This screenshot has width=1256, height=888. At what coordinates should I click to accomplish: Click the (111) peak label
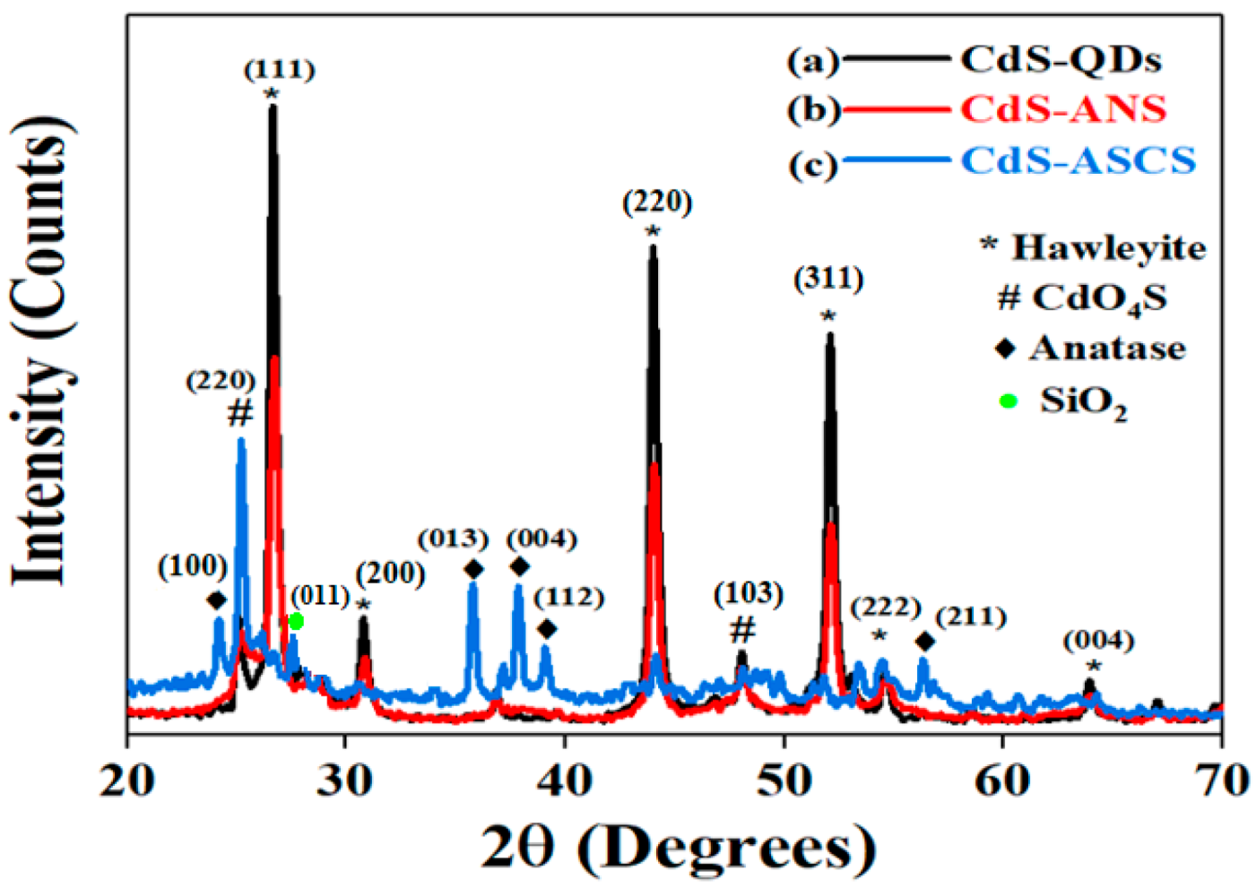[279, 69]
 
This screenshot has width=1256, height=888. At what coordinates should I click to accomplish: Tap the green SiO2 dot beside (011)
[296, 621]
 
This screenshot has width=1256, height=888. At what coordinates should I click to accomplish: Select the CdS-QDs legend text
[1061, 59]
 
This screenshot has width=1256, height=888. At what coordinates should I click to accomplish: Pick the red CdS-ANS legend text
[1063, 109]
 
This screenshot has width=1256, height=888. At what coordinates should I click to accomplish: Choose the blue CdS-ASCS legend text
[1078, 160]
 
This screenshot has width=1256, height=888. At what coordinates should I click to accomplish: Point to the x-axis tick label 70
[1221, 781]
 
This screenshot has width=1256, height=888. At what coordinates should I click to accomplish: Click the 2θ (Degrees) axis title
[677, 846]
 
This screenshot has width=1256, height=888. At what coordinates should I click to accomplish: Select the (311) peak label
[828, 279]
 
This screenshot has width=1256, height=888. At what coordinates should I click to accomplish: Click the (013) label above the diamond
[453, 539]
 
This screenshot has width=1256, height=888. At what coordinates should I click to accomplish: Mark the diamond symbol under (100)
[216, 599]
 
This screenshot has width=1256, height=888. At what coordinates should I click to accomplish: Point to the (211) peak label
[970, 616]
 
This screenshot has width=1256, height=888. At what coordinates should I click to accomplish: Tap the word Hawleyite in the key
[1108, 247]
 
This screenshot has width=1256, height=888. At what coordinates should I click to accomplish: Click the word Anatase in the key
[1106, 348]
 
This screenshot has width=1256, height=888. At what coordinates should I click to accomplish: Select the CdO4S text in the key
[1099, 297]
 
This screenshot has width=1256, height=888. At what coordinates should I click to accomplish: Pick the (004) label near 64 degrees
[1098, 641]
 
